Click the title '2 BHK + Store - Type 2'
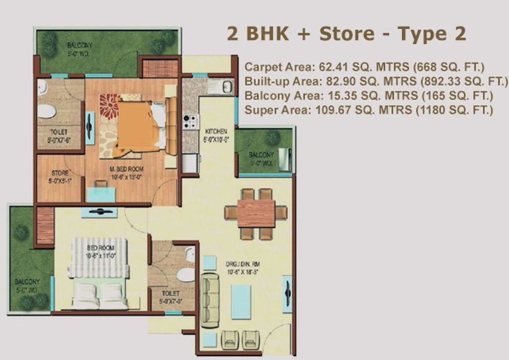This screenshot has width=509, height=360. point(346,34)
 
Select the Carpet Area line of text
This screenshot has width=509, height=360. point(364,66)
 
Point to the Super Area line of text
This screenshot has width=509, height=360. point(369,110)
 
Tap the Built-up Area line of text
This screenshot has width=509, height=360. point(376,81)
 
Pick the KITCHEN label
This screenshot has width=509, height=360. point(215,135)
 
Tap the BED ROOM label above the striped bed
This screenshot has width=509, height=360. point(99,251)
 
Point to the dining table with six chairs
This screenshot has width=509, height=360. point(256,213)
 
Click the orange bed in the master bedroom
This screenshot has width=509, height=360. point(138,125)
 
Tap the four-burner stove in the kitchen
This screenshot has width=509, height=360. point(190,123)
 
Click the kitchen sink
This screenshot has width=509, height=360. point(220,88)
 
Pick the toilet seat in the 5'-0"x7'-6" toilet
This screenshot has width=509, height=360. point(46,110)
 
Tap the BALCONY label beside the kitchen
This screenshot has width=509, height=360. point(261,159)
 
